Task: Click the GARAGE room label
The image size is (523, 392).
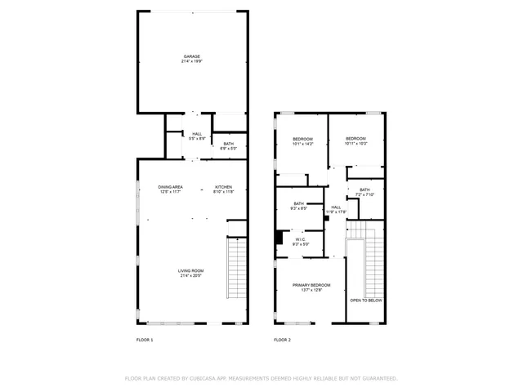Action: click(191, 56)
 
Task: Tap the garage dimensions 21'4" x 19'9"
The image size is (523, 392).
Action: click(191, 61)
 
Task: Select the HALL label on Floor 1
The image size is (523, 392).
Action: click(197, 134)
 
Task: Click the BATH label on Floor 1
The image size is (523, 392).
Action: click(229, 144)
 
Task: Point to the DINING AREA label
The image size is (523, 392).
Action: click(170, 187)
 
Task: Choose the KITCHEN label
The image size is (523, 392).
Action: click(223, 187)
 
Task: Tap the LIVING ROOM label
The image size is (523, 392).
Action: click(191, 270)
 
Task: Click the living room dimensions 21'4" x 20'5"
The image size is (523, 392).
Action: click(191, 276)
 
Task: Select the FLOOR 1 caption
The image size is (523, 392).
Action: click(144, 339)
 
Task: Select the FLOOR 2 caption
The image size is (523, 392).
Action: click(282, 339)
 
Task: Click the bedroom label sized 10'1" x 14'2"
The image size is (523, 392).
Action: click(302, 139)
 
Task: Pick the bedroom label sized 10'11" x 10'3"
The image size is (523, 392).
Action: click(356, 139)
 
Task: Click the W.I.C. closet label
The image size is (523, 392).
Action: click(301, 239)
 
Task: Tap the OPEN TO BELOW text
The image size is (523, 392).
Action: click(366, 301)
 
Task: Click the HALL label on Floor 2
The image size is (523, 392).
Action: click(336, 207)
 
